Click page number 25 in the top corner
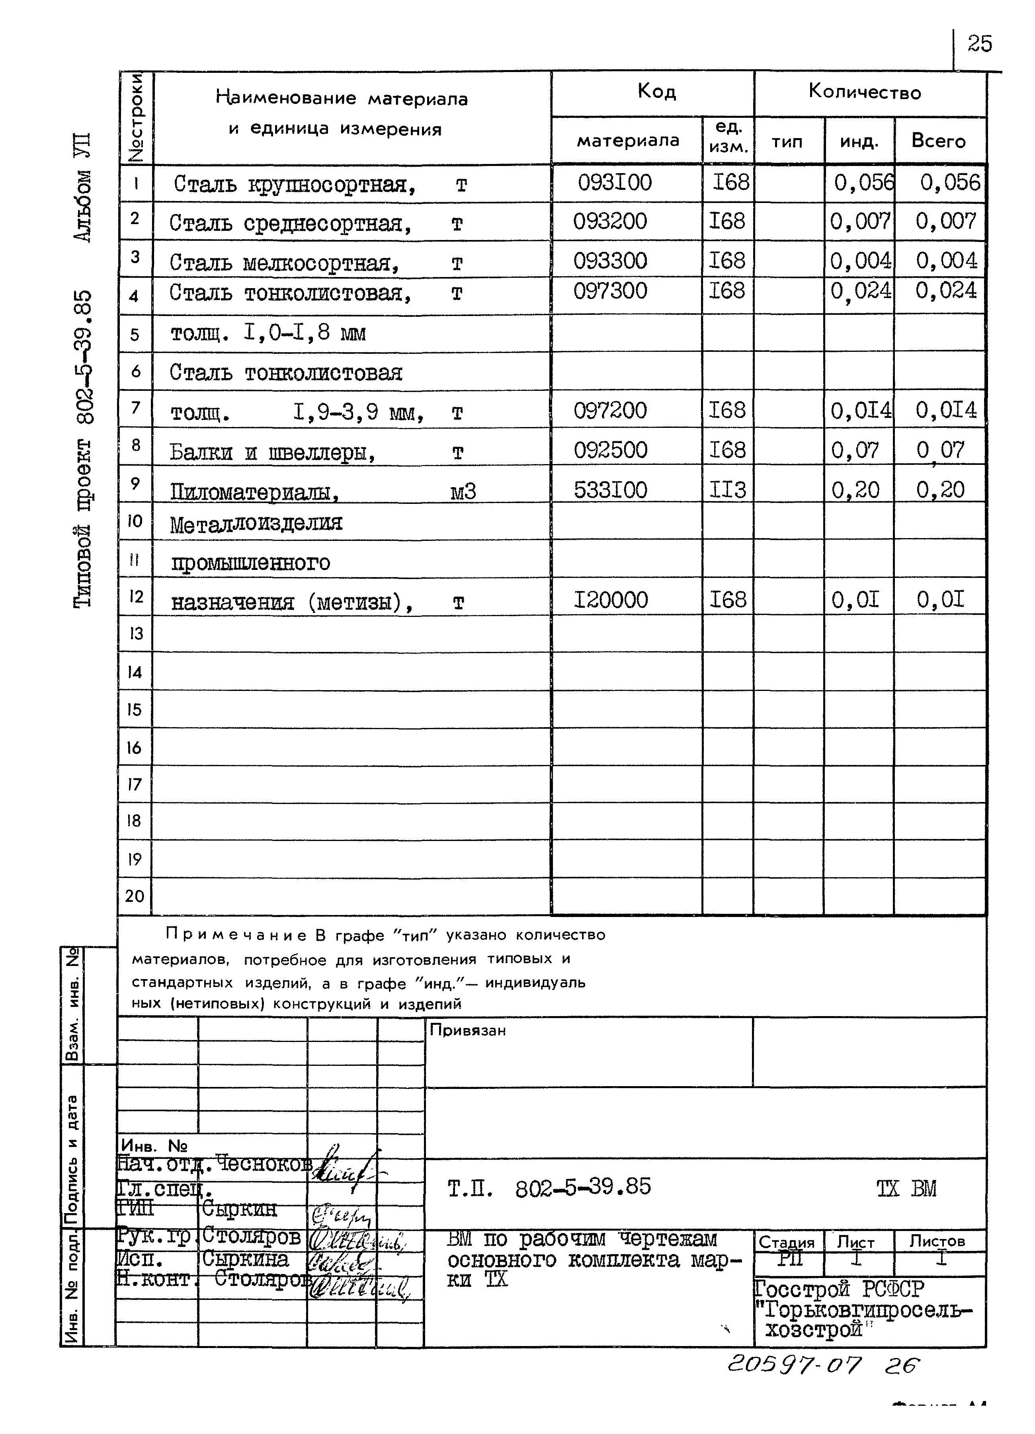pos(979,44)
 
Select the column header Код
pos(656,92)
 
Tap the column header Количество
pos(864,92)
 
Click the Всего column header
pos(938,140)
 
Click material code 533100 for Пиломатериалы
pos(610,490)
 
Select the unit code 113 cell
pos(727,490)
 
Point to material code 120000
pos(610,599)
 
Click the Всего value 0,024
pos(946,291)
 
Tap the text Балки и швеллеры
pos(272,453)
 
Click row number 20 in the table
pos(135,896)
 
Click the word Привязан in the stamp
pos(467,1030)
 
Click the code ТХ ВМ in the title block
pos(906,1189)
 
